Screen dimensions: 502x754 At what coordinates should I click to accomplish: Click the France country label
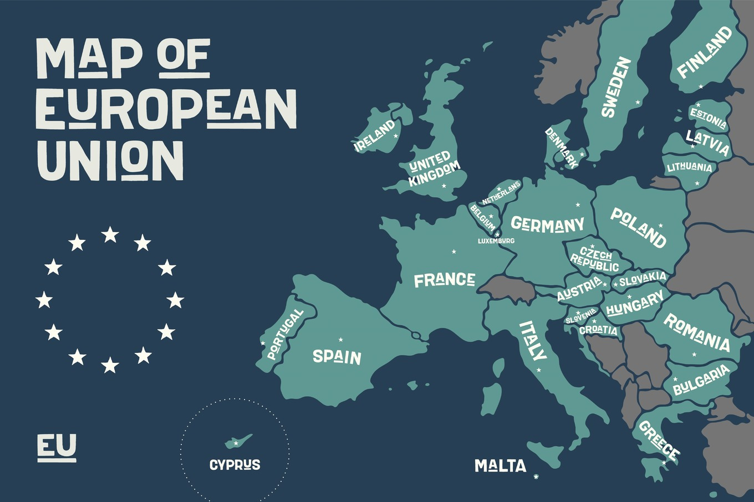(x=444, y=280)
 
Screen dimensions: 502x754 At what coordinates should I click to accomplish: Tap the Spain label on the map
(x=337, y=356)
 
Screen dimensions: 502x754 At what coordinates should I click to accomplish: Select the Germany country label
(x=547, y=224)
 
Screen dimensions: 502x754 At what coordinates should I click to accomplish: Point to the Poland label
(x=638, y=228)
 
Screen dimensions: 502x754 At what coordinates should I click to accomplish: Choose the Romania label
(x=697, y=332)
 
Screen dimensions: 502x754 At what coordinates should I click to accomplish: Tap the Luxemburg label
(x=496, y=241)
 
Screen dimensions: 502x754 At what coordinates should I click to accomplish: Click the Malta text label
(x=500, y=466)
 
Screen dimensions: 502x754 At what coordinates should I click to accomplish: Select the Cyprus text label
(x=235, y=465)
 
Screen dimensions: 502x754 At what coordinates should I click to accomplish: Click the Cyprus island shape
(x=238, y=441)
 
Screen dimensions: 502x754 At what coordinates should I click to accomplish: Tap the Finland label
(x=705, y=52)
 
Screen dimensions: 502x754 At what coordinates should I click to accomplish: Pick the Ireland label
(x=375, y=135)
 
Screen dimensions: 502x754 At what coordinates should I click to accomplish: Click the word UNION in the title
(x=110, y=160)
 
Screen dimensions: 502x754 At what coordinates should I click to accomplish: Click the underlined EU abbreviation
(x=57, y=447)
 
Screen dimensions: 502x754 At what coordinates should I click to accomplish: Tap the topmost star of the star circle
(x=110, y=235)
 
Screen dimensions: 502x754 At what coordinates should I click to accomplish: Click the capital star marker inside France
(x=454, y=252)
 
